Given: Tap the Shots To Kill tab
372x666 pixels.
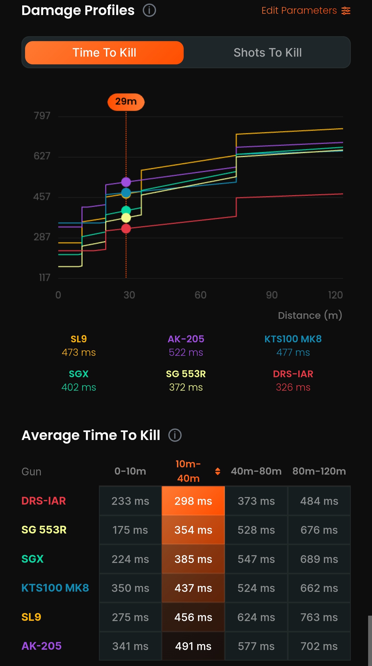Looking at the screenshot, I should point(267,52).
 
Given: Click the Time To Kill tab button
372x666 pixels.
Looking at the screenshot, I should point(104,52).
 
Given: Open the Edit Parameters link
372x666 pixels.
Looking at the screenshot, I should point(306,11).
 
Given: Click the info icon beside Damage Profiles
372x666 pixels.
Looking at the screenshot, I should point(149,10).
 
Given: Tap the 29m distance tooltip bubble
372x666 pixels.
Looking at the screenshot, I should point(126,102).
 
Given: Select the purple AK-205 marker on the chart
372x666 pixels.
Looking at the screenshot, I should point(126,182).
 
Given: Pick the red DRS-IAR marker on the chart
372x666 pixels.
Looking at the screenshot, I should point(126,229).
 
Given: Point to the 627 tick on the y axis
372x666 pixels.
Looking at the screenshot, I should point(42,156).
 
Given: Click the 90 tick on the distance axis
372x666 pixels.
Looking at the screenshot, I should point(272,295).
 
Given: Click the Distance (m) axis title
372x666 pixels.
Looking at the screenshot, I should point(310,315).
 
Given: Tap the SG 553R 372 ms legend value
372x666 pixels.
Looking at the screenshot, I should point(186,387).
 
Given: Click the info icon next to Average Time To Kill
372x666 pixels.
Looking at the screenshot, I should point(175,435).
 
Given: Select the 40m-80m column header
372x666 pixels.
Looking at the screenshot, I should point(256,471).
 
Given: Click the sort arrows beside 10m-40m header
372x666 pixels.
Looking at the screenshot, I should point(218,471).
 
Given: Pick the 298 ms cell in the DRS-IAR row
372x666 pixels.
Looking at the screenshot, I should point(193,501).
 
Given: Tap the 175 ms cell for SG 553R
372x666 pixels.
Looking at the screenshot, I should point(130,530).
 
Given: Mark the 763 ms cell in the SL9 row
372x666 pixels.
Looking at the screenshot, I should point(319,617).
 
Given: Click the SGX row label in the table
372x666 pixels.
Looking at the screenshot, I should point(33,559).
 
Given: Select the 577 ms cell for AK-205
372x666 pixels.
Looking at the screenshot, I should point(256,646).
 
